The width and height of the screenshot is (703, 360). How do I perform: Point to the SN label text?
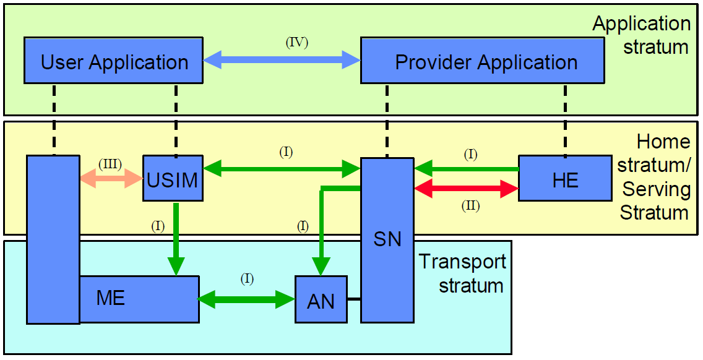click(x=387, y=239)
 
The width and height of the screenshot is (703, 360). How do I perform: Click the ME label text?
click(x=111, y=298)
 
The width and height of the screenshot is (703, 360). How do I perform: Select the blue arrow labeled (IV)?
click(x=282, y=60)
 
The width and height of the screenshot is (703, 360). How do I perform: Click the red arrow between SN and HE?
click(x=466, y=189)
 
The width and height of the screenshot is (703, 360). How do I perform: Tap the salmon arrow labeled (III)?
click(x=111, y=179)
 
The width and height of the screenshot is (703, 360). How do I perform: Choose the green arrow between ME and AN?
click(x=247, y=300)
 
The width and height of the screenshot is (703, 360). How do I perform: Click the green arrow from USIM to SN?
click(x=282, y=167)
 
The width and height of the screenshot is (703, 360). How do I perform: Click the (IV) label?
click(x=296, y=43)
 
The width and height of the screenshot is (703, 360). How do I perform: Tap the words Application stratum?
click(x=642, y=35)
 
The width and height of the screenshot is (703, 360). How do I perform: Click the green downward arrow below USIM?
click(x=176, y=238)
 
